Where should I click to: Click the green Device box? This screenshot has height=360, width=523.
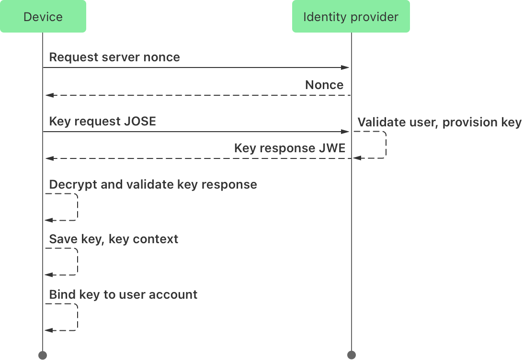click(43, 17)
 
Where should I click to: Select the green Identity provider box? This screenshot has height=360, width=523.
click(351, 17)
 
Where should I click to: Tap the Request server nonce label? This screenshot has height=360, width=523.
click(114, 57)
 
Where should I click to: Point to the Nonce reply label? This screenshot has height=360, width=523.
click(324, 85)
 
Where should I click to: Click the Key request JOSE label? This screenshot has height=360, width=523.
click(102, 122)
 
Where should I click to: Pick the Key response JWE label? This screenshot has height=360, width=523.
click(289, 148)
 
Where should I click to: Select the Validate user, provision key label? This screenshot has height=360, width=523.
click(439, 123)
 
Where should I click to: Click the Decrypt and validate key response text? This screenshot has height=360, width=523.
click(153, 185)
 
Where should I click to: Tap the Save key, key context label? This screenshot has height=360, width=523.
click(114, 239)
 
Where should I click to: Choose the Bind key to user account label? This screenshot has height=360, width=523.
click(123, 294)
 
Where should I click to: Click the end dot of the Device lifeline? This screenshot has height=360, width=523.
click(43, 355)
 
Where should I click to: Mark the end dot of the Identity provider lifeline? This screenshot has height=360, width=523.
click(351, 355)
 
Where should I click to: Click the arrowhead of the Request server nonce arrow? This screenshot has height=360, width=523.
click(346, 68)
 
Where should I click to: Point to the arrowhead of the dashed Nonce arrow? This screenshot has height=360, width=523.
click(48, 95)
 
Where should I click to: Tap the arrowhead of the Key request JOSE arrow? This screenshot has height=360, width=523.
click(346, 131)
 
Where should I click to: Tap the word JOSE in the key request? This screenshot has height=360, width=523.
click(140, 122)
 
